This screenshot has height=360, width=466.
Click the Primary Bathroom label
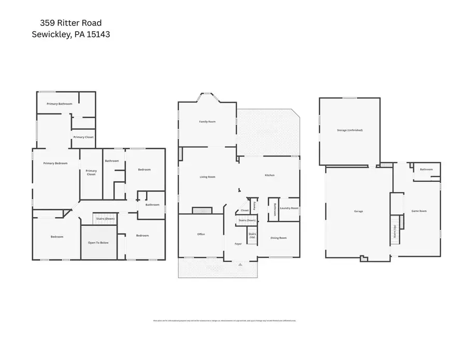pos(59,104)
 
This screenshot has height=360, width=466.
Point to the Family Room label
pos(207,122)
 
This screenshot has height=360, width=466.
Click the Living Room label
pos(207,177)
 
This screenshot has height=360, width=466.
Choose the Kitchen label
pos(269,176)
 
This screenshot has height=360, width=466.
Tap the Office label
pos(201,234)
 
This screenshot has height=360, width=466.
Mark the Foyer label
pos(238,243)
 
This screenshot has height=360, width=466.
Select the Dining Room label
pos(279,238)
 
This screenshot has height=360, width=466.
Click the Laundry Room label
pos(289,208)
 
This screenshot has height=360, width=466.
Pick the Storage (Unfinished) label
pos(349,130)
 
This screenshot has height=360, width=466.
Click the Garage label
pos(358,211)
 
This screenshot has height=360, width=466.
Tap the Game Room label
pos(418,211)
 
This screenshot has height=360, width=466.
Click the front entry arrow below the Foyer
pos(240,264)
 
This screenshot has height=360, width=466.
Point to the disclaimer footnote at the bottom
pos(224,321)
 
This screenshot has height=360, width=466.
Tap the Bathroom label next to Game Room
pos(426,169)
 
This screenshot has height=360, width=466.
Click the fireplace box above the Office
pos(202,210)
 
